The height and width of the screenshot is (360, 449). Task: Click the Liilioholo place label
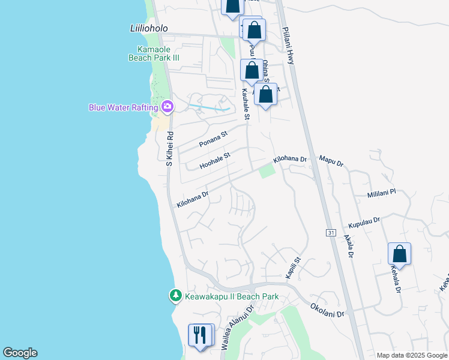click(x=149, y=28)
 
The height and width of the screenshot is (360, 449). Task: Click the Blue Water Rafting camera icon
click(x=167, y=107)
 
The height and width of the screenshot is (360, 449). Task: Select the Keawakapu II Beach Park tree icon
click(x=175, y=296)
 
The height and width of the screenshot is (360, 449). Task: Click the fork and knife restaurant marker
click(x=200, y=335)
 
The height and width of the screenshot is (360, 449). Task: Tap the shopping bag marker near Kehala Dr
click(x=399, y=254)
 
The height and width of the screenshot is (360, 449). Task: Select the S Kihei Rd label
click(x=169, y=148)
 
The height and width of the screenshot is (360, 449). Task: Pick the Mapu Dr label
click(x=331, y=162)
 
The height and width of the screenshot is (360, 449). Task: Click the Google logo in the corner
click(x=20, y=353)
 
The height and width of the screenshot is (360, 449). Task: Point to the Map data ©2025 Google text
click(x=412, y=355)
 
